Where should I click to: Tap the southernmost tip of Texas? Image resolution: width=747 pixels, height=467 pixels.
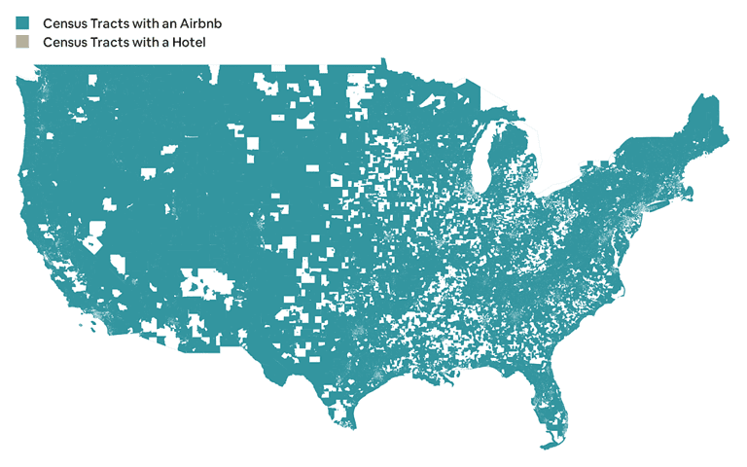(350, 426)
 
